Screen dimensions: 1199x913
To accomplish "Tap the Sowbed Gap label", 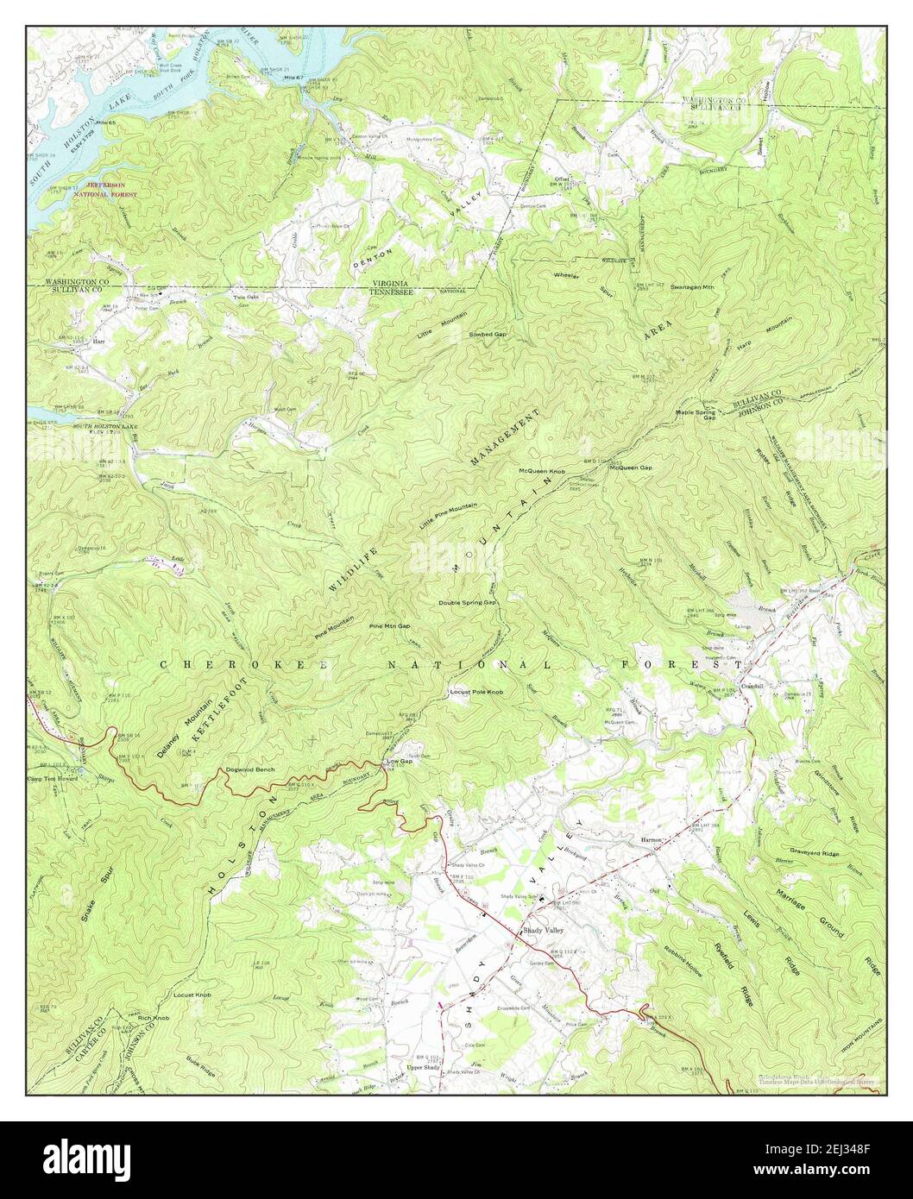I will click(488, 333).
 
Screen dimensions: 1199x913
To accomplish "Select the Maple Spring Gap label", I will click(697, 417).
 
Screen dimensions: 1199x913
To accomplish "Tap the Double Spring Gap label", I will click(467, 603).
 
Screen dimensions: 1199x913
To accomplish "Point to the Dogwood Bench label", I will click(249, 769).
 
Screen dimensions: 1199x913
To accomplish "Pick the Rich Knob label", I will click(153, 1019).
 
